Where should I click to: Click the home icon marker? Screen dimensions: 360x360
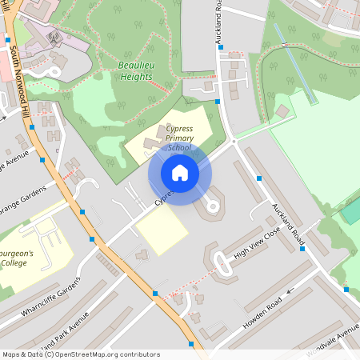pyautogui.click(x=180, y=172)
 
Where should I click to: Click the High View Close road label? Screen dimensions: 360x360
pyautogui.click(x=258, y=243)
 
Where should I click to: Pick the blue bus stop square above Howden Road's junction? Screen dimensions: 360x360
pyautogui.click(x=302, y=249)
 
